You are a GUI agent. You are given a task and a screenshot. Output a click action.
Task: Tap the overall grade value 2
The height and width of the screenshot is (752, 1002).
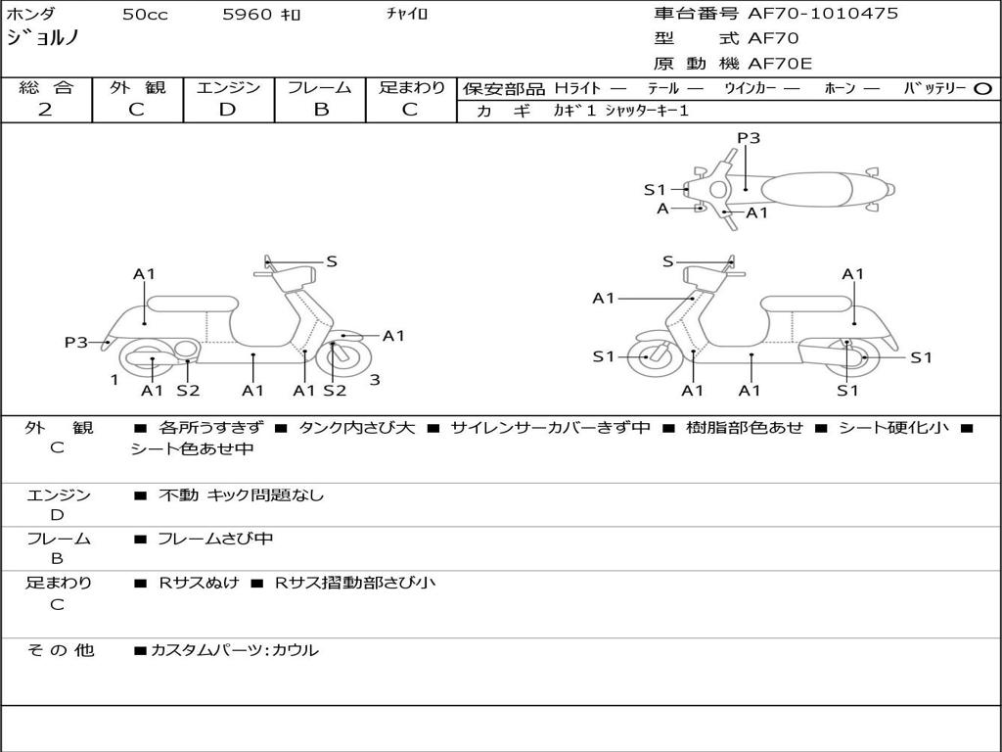click(x=45, y=110)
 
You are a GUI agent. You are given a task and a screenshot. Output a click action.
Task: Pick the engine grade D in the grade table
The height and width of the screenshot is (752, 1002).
click(x=228, y=110)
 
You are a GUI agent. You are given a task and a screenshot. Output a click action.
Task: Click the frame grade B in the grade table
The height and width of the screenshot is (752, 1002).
click(x=321, y=110)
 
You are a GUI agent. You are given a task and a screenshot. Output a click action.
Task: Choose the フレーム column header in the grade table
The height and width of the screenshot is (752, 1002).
click(x=321, y=87)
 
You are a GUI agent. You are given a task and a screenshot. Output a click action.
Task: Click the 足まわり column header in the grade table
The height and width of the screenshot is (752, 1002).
click(x=411, y=87)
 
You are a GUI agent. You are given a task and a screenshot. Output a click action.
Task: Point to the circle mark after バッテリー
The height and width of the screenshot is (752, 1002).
click(x=982, y=88)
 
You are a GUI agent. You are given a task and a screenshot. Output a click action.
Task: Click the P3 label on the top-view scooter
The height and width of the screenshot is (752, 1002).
click(x=748, y=138)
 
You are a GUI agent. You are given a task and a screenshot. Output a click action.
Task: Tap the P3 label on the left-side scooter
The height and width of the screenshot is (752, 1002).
click(x=76, y=342)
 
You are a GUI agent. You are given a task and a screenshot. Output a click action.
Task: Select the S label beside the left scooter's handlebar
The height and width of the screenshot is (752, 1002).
click(x=332, y=261)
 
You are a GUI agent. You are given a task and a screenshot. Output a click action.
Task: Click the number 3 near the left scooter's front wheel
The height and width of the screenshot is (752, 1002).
click(x=374, y=380)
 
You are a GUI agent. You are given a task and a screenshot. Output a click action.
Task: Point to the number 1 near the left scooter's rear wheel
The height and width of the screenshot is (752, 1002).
click(x=114, y=380)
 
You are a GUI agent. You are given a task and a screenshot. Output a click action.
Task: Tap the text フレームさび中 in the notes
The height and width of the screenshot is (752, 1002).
click(x=215, y=539)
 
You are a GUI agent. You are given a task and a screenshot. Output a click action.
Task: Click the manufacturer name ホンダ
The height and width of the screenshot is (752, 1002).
click(x=31, y=14)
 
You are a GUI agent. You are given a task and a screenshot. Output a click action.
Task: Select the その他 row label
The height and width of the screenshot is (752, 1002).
click(x=60, y=649)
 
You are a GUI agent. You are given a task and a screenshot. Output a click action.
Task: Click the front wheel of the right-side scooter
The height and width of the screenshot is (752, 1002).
click(x=648, y=357)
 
